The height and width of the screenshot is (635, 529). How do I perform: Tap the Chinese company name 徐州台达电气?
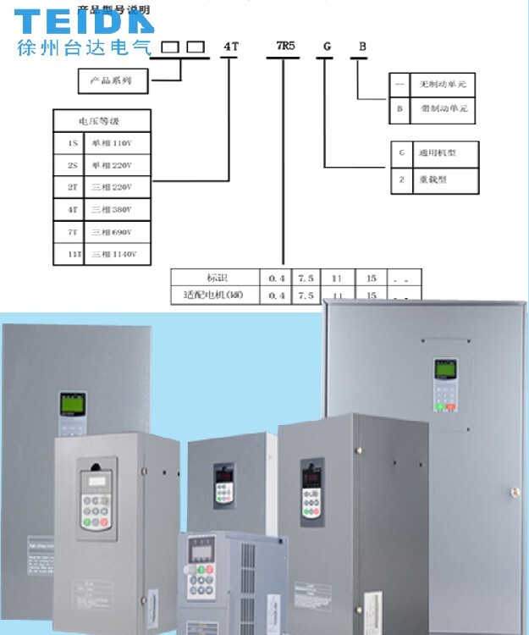pos(83,46)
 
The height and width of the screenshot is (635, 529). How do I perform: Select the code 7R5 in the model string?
pos(284,47)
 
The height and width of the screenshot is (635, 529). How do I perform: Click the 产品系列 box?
pos(114,81)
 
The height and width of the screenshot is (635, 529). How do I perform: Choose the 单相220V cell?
pos(117,164)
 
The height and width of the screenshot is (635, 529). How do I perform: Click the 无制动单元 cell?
pos(442,85)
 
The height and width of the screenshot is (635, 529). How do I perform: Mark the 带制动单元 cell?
pos(442,108)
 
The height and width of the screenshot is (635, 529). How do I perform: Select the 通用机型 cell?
pos(445,154)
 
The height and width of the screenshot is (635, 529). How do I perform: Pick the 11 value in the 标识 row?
pos(336,278)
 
